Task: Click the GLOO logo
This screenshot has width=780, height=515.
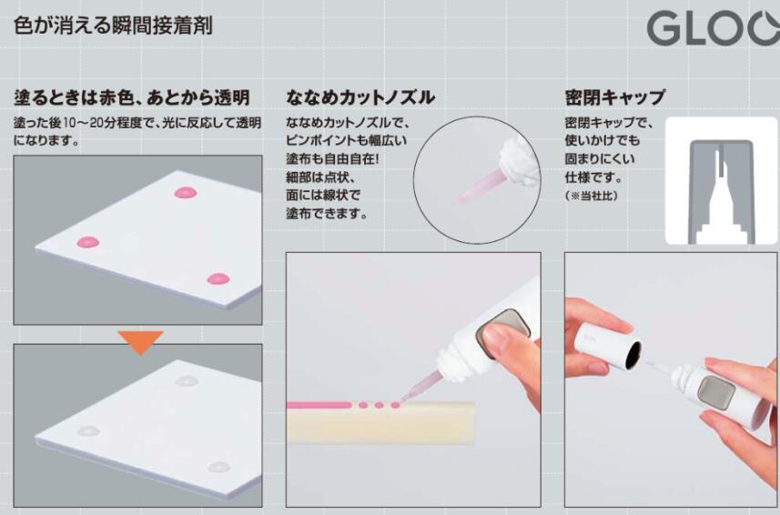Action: (x=714, y=28)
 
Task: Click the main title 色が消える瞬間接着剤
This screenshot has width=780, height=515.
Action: (x=113, y=25)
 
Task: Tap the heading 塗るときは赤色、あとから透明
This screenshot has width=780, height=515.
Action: (x=132, y=97)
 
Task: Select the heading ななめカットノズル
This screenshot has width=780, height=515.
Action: (x=360, y=97)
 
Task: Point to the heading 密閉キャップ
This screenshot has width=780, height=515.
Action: (x=615, y=97)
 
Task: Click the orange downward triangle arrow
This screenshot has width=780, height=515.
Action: (x=140, y=342)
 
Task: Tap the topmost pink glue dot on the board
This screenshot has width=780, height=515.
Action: (x=186, y=192)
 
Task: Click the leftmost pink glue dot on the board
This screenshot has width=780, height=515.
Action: (x=88, y=243)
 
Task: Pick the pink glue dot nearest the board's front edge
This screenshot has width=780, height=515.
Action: (x=218, y=278)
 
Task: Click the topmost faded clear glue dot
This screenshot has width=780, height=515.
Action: (x=187, y=381)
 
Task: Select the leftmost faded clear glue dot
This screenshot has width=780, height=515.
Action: (x=88, y=430)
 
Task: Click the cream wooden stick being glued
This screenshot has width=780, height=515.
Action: (x=380, y=422)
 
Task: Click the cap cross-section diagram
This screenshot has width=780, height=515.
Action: (x=722, y=181)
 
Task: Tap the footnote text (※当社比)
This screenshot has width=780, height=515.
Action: (x=591, y=196)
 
